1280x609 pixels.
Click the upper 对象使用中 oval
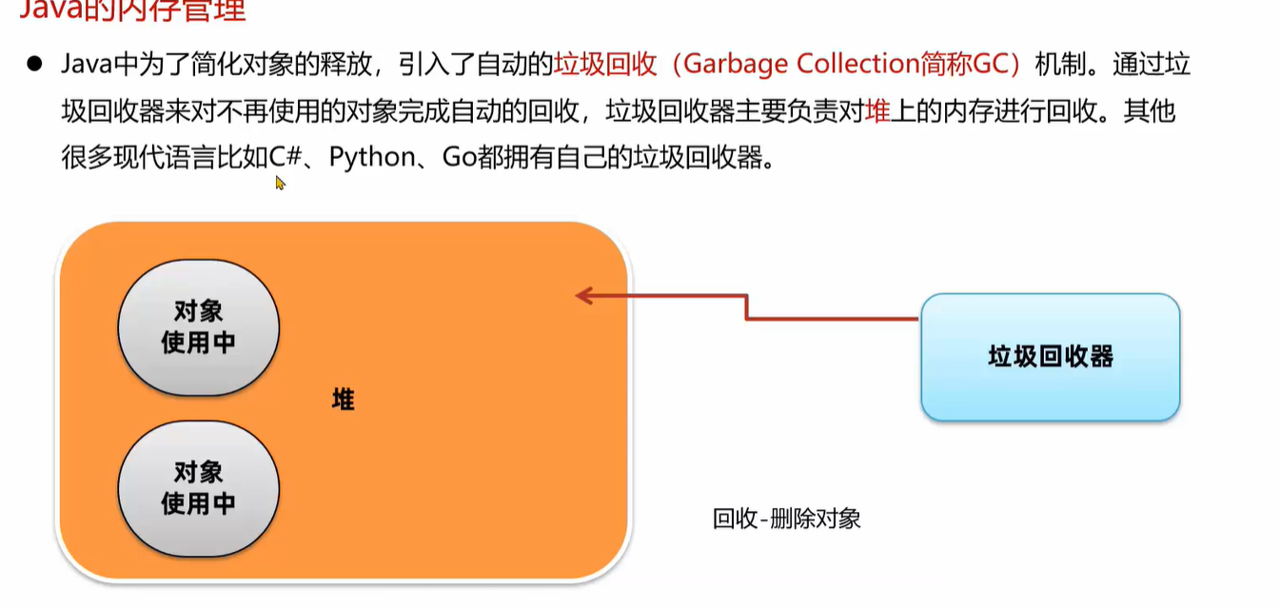(x=198, y=327)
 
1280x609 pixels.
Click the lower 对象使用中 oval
(x=198, y=487)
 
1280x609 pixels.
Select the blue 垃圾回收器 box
(x=1050, y=357)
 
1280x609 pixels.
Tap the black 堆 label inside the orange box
(x=343, y=400)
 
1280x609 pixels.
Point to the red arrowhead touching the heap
(x=582, y=296)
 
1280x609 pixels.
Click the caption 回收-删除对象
(x=786, y=519)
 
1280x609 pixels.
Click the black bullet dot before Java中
(x=35, y=64)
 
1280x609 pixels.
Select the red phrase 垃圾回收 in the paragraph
(x=605, y=64)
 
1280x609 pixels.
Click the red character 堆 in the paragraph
(x=877, y=110)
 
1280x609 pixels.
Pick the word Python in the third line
(x=371, y=157)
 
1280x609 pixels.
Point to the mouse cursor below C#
(x=280, y=183)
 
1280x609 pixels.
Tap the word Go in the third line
(x=459, y=157)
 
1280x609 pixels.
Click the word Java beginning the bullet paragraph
(x=86, y=64)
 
